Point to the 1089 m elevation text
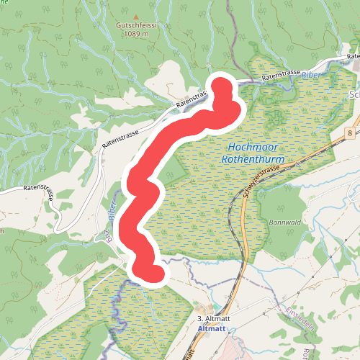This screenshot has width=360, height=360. pos(136,33)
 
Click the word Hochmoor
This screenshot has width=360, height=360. pos(244,147)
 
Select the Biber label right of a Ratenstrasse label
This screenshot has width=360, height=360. pos(310,74)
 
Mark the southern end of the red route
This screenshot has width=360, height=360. pos(153,272)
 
